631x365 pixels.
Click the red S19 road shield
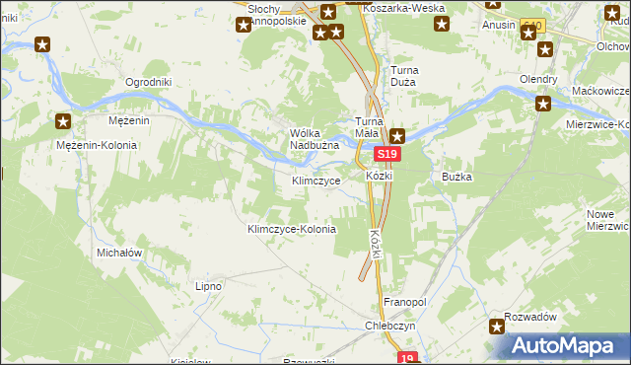coord(386,155)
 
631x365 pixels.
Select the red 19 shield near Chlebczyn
coord(409,358)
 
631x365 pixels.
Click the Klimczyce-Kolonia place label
coord(292,229)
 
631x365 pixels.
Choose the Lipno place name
coord(208,286)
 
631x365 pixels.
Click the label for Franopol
coord(403,302)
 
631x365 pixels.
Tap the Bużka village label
coord(458,177)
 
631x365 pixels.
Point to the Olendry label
coord(539,79)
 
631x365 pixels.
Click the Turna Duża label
coord(411,76)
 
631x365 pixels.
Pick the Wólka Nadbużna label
coord(315,139)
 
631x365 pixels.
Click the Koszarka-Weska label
coord(404,8)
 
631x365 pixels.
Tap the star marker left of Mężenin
coord(63,122)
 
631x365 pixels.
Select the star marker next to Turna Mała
coord(396,136)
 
